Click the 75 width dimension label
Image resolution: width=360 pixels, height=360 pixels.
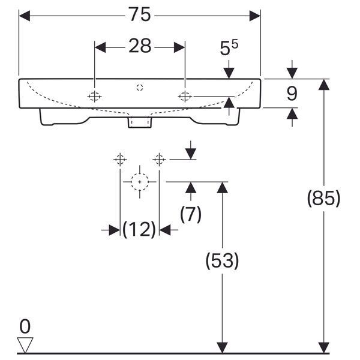tap(140, 14)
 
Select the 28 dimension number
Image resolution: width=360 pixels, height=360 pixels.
tap(140, 46)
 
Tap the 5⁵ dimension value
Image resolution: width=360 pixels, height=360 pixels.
tap(229, 47)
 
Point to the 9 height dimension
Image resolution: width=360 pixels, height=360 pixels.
tap(292, 94)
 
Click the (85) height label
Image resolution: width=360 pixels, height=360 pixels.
tap(323, 198)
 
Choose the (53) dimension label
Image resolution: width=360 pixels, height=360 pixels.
tap(222, 260)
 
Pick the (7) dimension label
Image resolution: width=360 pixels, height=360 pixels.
tap(191, 214)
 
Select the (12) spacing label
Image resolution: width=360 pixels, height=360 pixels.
tap(139, 229)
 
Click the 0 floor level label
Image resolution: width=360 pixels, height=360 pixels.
tap(25, 326)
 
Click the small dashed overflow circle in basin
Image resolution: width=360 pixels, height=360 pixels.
tap(140, 88)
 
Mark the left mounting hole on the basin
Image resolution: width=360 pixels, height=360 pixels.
tap(94, 97)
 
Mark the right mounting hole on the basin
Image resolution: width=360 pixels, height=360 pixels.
tap(185, 97)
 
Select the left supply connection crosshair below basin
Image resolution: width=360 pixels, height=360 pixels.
tap(120, 160)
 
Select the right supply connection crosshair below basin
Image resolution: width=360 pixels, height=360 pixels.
tap(159, 160)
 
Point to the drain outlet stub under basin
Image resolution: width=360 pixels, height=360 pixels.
tap(140, 122)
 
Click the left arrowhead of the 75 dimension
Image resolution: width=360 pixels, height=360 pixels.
tap(25, 16)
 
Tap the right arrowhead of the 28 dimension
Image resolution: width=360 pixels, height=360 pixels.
tap(179, 47)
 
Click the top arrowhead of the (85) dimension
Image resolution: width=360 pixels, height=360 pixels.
tap(324, 84)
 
